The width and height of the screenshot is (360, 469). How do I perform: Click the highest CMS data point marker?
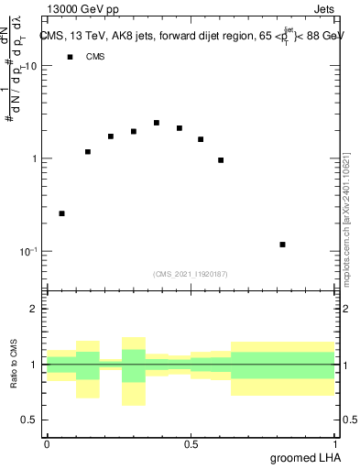pyautogui.click(x=157, y=123)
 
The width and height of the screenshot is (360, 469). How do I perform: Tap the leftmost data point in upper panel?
pyautogui.click(x=61, y=213)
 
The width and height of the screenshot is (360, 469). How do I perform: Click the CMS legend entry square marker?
pyautogui.click(x=69, y=57)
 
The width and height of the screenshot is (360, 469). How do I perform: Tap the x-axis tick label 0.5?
pyautogui.click(x=190, y=443)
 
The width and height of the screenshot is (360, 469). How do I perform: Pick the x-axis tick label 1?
pyautogui.click(x=334, y=443)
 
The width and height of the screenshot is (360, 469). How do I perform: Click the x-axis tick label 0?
pyautogui.click(x=47, y=443)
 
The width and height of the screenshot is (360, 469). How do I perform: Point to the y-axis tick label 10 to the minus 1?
pyautogui.click(x=30, y=252)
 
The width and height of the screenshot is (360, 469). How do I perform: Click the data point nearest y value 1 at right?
pyautogui.click(x=221, y=160)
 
